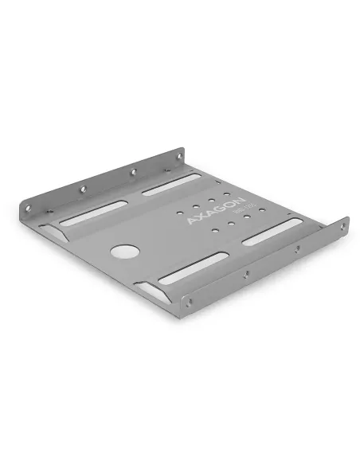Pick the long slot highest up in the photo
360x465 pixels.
tap(171, 186)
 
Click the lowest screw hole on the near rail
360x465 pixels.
tap(188, 301)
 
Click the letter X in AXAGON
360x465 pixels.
tap(198, 215)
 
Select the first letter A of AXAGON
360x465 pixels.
tap(190, 220)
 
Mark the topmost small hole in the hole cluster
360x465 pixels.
tap(227, 195)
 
